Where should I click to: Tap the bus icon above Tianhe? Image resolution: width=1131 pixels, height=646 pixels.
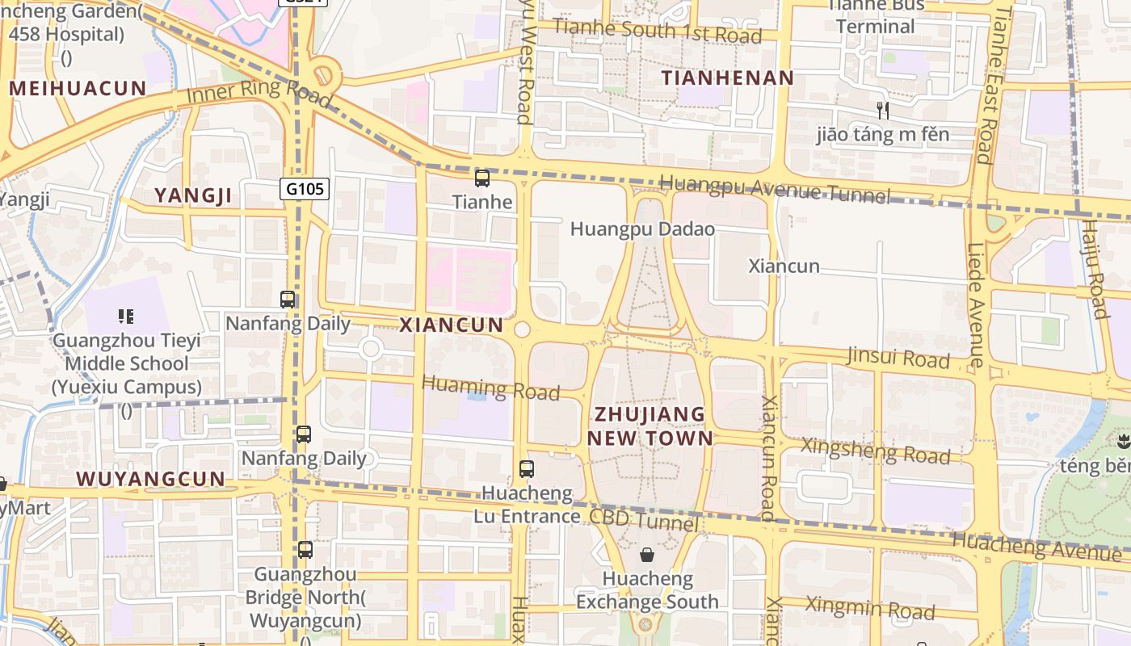[x=482, y=178]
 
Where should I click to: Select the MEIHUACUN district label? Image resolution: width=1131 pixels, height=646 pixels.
[x=78, y=89]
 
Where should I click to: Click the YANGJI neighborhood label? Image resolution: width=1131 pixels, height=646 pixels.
[x=193, y=195]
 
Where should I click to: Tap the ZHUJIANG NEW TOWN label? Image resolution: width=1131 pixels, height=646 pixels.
[x=650, y=426]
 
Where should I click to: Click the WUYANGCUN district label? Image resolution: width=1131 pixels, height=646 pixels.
[x=150, y=479]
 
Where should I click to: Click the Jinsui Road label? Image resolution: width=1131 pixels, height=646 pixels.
[x=898, y=358]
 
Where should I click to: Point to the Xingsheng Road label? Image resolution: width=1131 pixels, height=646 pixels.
[x=875, y=451]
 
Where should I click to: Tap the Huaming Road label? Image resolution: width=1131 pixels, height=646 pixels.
[x=490, y=388]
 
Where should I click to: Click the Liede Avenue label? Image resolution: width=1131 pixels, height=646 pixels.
[x=976, y=305]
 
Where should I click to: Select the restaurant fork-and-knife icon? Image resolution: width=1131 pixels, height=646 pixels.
[x=883, y=111]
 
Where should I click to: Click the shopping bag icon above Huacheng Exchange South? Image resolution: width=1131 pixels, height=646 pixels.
[x=647, y=555]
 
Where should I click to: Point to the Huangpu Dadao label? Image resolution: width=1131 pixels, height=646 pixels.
[x=642, y=229]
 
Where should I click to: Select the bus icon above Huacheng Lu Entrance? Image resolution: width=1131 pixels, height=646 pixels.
[x=527, y=468]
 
